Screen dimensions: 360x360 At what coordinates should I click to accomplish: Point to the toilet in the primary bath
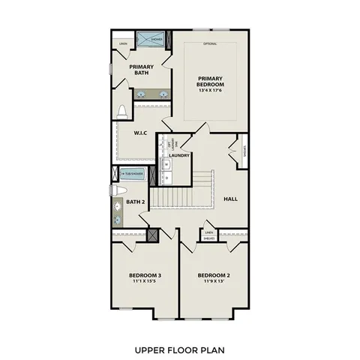point(121,112)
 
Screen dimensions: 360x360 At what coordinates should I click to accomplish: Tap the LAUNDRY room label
point(179,156)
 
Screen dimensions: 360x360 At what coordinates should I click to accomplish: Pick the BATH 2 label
point(135,202)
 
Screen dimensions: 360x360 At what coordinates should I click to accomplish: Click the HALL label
point(231,199)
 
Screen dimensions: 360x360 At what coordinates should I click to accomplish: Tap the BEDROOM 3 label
point(144,275)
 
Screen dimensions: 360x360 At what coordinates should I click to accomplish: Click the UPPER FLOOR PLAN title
point(180,349)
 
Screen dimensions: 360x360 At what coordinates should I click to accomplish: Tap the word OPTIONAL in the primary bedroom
point(210,43)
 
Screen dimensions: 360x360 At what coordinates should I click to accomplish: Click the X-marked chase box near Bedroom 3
point(153,235)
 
